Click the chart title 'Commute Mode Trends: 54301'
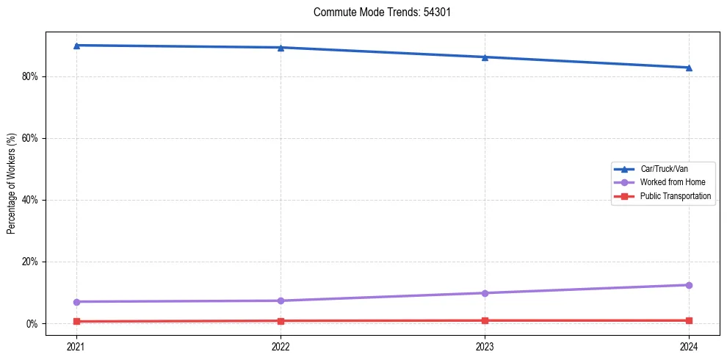[377, 12]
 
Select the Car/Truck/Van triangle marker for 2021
[76, 46]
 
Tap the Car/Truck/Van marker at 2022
[281, 48]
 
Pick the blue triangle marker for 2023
[485, 57]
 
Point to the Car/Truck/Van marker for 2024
[689, 68]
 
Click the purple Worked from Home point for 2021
[76, 302]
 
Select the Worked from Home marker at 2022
[281, 300]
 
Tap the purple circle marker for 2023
[485, 293]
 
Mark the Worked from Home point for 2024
[689, 285]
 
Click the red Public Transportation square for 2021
[76, 321]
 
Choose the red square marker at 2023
[485, 320]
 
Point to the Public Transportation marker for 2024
[689, 320]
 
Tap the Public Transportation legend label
[675, 196]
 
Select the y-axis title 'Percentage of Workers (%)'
[11, 184]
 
